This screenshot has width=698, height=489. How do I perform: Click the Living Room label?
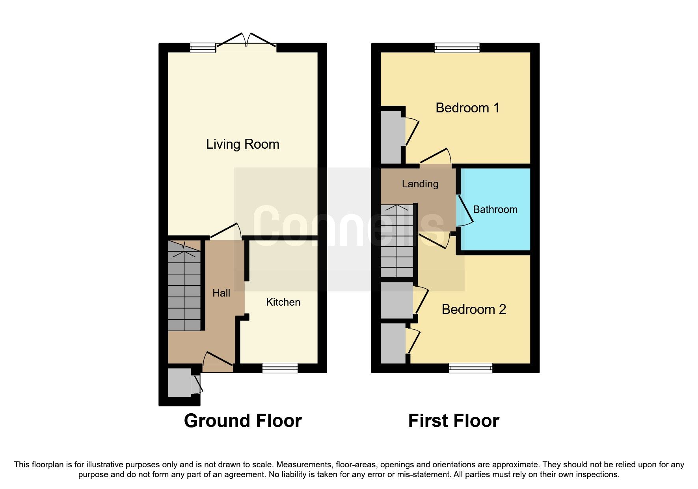click(x=242, y=144)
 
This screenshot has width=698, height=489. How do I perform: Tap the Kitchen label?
click(x=283, y=302)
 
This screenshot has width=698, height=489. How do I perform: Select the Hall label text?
click(x=221, y=293)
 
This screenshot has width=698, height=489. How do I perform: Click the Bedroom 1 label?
click(x=467, y=108)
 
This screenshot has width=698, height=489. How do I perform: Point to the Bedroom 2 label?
click(x=473, y=309)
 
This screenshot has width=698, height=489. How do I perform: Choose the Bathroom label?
click(x=495, y=209)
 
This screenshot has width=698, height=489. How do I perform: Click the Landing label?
click(x=420, y=184)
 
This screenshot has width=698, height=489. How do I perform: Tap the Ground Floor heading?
click(x=243, y=421)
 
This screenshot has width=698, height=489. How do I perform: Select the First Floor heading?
click(x=454, y=421)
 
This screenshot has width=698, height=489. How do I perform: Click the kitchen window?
click(x=280, y=368)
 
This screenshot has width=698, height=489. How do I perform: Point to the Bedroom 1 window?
click(x=457, y=48)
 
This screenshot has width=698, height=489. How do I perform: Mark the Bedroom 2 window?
click(x=471, y=368)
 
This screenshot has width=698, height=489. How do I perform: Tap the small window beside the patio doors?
click(x=203, y=48)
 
